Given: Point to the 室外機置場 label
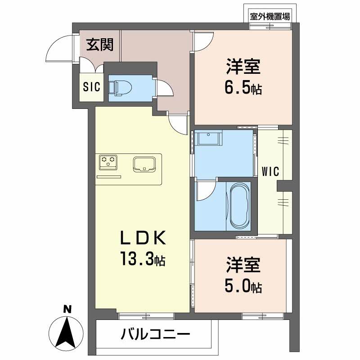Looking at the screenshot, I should [270, 17].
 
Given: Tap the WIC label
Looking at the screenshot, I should [270, 171].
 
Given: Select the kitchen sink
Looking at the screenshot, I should [144, 164].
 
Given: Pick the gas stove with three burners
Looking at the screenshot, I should [108, 162].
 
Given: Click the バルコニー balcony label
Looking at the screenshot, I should [155, 335].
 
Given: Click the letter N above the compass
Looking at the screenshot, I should [67, 309].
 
